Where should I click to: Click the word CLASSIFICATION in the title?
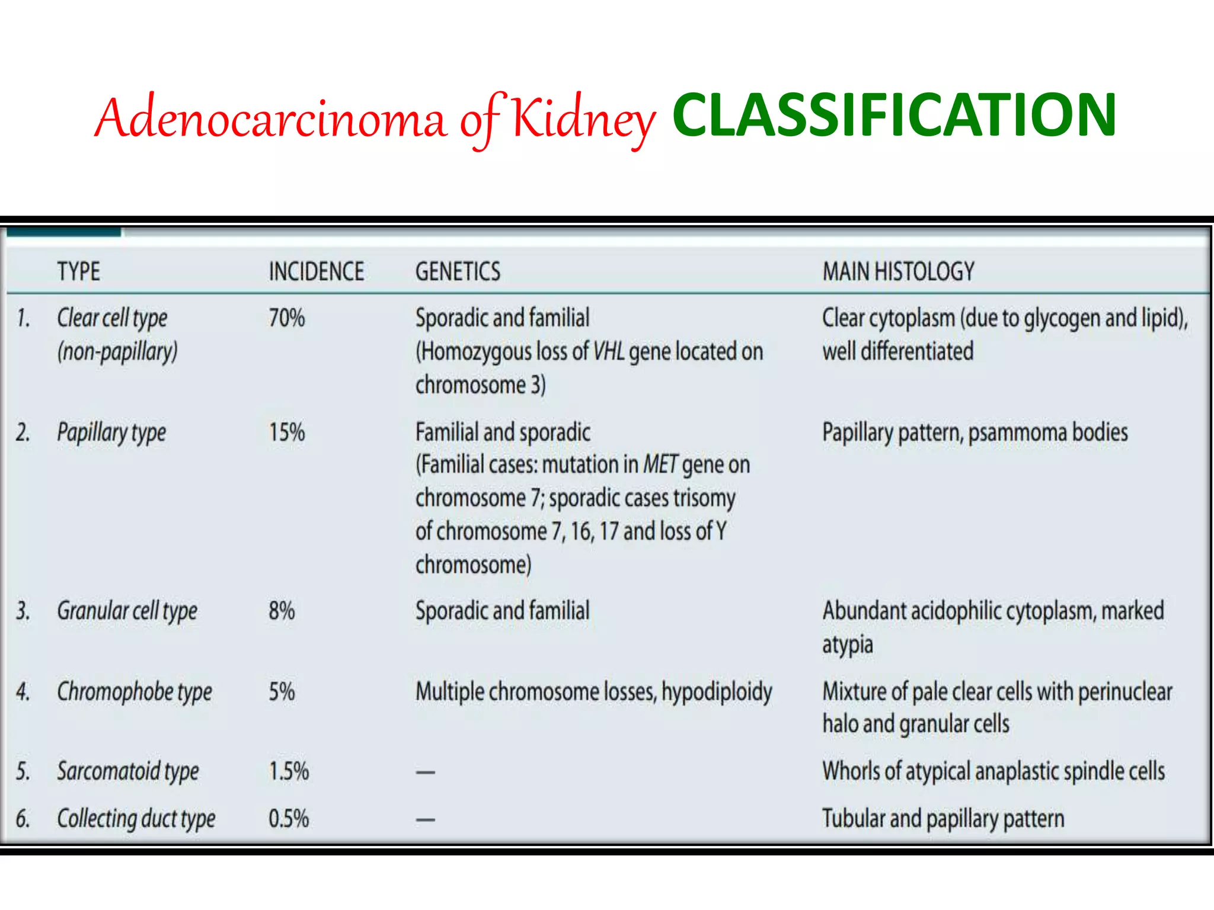pos(894,116)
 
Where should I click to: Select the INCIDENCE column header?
pos(316,271)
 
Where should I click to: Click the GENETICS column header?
pos(458,271)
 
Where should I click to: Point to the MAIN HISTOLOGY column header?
pos(898,271)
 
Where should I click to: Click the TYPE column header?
pos(78,271)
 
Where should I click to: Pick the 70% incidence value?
pos(286,318)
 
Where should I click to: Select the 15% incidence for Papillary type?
pos(286,432)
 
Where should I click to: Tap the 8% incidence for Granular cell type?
pos(282,611)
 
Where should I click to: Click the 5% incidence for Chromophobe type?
pos(282,691)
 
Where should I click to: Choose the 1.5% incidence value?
pos(289,771)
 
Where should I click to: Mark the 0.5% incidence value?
pos(289,819)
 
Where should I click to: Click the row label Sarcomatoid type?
pos(127,771)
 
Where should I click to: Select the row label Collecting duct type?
pos(136,819)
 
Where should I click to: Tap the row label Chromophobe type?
pos(134,691)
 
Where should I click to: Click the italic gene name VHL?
pos(609,352)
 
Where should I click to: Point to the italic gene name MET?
pos(660,464)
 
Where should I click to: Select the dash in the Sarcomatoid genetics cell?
pos(425,773)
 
